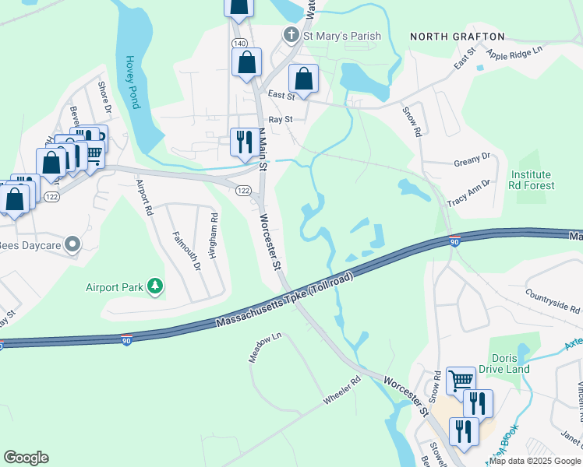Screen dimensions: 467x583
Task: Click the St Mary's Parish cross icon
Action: (x=291, y=34)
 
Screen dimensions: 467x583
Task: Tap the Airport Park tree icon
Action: (x=157, y=286)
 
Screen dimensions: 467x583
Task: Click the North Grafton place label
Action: (x=457, y=37)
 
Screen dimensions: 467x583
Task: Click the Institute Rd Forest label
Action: (x=532, y=180)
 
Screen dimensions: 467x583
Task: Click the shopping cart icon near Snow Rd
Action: (x=461, y=380)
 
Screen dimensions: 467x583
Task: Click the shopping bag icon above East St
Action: (x=303, y=78)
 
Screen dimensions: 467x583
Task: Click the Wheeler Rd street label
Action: (x=343, y=391)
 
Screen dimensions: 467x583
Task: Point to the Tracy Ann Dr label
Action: (x=468, y=193)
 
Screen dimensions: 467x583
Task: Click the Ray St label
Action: (x=280, y=120)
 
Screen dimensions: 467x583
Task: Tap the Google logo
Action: (x=26, y=458)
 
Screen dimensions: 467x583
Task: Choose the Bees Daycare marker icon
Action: (x=72, y=244)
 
